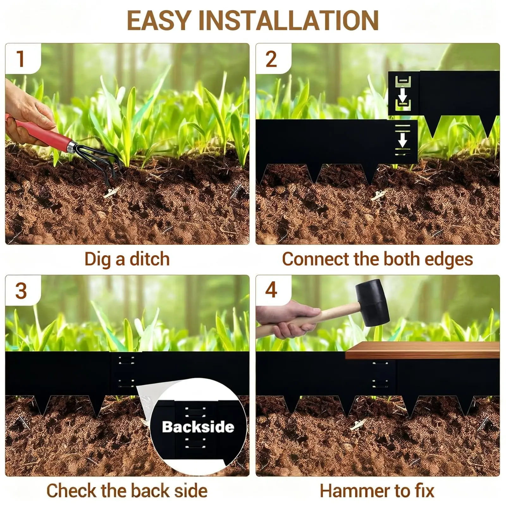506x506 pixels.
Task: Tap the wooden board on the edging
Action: click(423, 350)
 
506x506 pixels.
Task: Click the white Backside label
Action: click(198, 427)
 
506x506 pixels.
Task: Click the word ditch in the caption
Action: click(150, 259)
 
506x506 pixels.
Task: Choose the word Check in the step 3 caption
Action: click(72, 491)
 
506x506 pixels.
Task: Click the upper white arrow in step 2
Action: click(402, 95)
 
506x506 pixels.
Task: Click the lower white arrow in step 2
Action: click(402, 139)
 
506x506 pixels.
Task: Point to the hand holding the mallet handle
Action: click(289, 319)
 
